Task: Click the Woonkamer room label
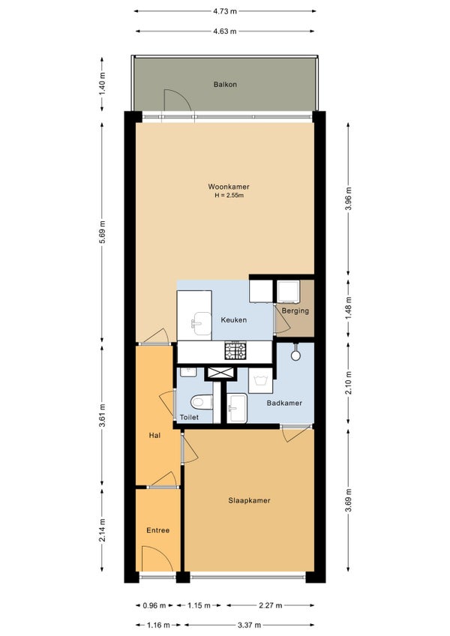point(229,187)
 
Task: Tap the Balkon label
point(225,84)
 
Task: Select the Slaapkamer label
point(249,500)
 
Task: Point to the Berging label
point(295,311)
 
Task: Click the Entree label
point(157,530)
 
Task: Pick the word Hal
point(154,435)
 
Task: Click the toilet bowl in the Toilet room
point(202,402)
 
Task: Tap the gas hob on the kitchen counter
point(235,351)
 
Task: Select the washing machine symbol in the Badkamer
point(260,380)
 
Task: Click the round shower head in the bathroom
point(295,355)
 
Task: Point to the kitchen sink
point(202,323)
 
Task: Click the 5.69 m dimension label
point(102,232)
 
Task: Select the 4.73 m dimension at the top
point(225,11)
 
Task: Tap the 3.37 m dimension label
point(249,625)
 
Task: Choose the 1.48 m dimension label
point(348,307)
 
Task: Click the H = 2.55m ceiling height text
point(229,196)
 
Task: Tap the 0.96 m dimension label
point(154,605)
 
